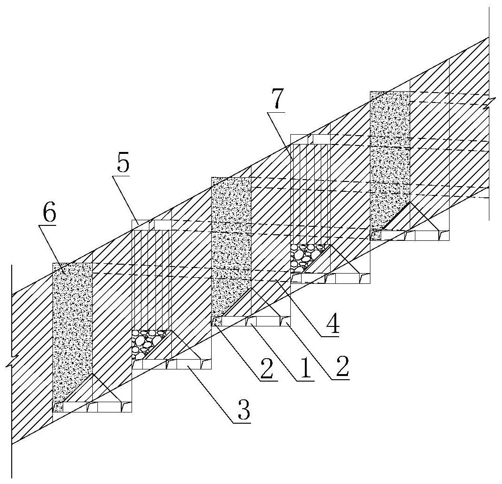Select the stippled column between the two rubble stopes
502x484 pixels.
[231, 243]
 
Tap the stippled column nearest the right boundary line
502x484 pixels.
[390, 159]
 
